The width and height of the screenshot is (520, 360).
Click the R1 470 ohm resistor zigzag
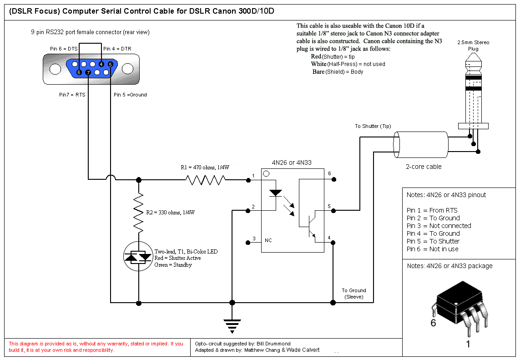coord(205,180)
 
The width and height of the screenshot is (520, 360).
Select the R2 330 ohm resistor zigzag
coord(139,213)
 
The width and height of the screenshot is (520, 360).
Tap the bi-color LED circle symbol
coord(138,257)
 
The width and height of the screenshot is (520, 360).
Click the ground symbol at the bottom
coord(232,326)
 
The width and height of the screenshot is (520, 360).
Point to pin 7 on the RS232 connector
coord(88,72)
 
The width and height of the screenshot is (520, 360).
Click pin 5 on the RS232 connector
coord(111,64)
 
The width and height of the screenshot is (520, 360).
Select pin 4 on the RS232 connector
coord(101,64)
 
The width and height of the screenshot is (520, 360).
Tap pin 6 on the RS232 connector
coord(79,72)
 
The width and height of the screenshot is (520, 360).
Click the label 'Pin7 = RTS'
coord(72,95)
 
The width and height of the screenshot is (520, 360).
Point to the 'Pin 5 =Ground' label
coord(130,95)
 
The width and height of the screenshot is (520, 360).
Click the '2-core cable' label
coord(424,167)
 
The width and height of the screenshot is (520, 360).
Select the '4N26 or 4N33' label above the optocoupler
coord(292,162)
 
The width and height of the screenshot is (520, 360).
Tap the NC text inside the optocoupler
coord(268,241)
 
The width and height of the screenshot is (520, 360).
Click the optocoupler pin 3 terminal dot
coord(248,243)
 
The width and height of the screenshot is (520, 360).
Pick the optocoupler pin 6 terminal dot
coord(334,179)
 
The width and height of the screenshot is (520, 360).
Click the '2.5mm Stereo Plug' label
coord(473,46)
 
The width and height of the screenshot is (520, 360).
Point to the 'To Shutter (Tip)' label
coord(373,127)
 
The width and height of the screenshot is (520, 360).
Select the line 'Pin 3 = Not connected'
coord(439,226)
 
